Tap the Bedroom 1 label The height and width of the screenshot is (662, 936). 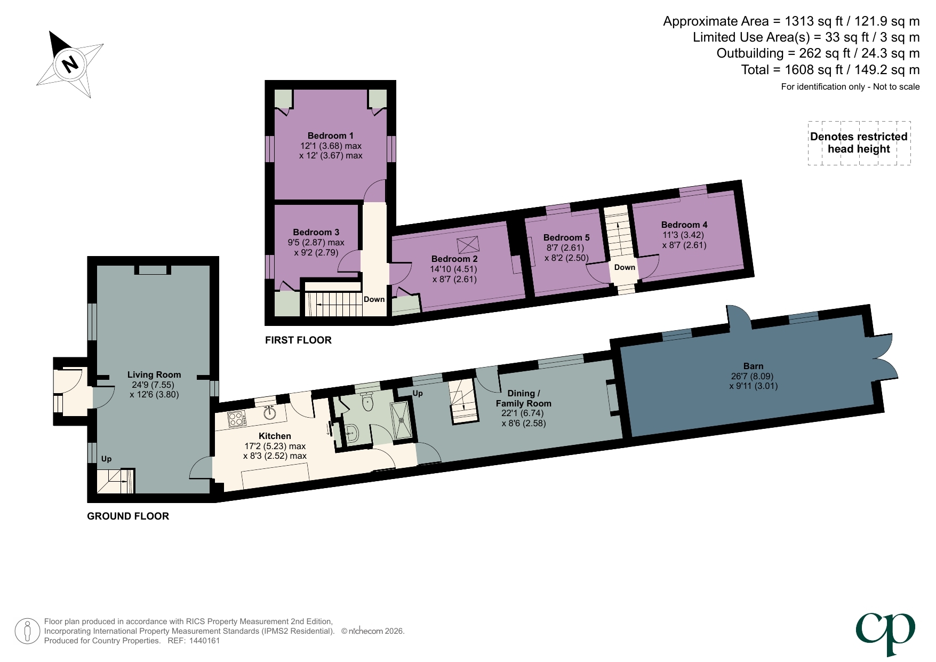click(x=330, y=135)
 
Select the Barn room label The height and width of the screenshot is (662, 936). click(x=753, y=366)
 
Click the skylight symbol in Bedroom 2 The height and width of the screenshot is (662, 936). click(x=468, y=245)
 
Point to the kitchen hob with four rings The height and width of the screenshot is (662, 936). click(x=237, y=419)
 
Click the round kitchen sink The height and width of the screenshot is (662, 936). click(x=270, y=412)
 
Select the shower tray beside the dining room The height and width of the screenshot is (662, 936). click(x=401, y=420)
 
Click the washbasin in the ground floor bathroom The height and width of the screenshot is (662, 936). click(x=351, y=433)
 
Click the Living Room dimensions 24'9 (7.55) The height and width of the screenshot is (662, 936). click(x=153, y=385)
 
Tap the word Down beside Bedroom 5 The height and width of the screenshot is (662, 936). click(x=625, y=267)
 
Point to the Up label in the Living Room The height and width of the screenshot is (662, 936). click(x=106, y=459)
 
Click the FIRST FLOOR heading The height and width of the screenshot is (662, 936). click(x=298, y=340)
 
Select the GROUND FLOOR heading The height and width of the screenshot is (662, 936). click(x=128, y=516)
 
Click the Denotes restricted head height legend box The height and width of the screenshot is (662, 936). click(x=859, y=143)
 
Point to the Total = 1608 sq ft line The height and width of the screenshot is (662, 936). click(x=830, y=70)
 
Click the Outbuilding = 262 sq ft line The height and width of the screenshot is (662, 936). click(x=818, y=53)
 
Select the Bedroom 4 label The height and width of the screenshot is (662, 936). click(x=684, y=225)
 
